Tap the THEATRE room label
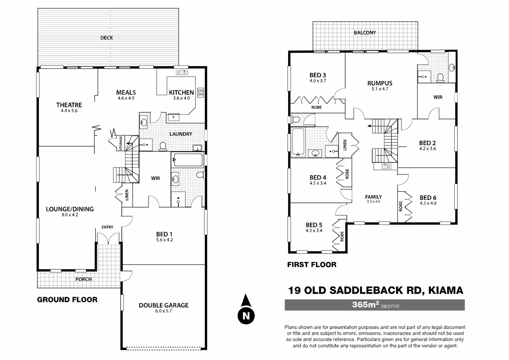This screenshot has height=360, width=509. click(x=69, y=105)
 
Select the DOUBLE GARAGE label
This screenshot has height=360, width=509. click(x=164, y=305)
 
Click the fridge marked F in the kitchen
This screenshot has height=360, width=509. click(x=174, y=118)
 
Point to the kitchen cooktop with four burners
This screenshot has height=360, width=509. click(x=200, y=92)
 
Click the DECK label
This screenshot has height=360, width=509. click(x=107, y=38)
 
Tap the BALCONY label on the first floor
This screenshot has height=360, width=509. click(x=365, y=33)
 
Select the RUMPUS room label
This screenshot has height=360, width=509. click(x=380, y=83)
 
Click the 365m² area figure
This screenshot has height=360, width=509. click(x=365, y=305)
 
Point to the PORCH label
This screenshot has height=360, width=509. click(x=84, y=279)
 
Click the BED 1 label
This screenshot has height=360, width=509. click(x=164, y=234)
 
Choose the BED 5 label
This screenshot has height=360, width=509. click(x=314, y=225)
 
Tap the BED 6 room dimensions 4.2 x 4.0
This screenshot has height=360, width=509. click(x=428, y=203)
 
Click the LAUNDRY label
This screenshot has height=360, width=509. click(x=181, y=134)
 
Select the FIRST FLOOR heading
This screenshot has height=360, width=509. click(x=312, y=265)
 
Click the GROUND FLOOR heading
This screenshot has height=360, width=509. click(x=67, y=299)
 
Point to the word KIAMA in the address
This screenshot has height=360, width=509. click(x=446, y=290)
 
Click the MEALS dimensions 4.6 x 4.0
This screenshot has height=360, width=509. click(x=126, y=98)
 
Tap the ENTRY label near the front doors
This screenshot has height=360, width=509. click(x=107, y=227)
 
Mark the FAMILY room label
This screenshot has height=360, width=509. click(x=373, y=197)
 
